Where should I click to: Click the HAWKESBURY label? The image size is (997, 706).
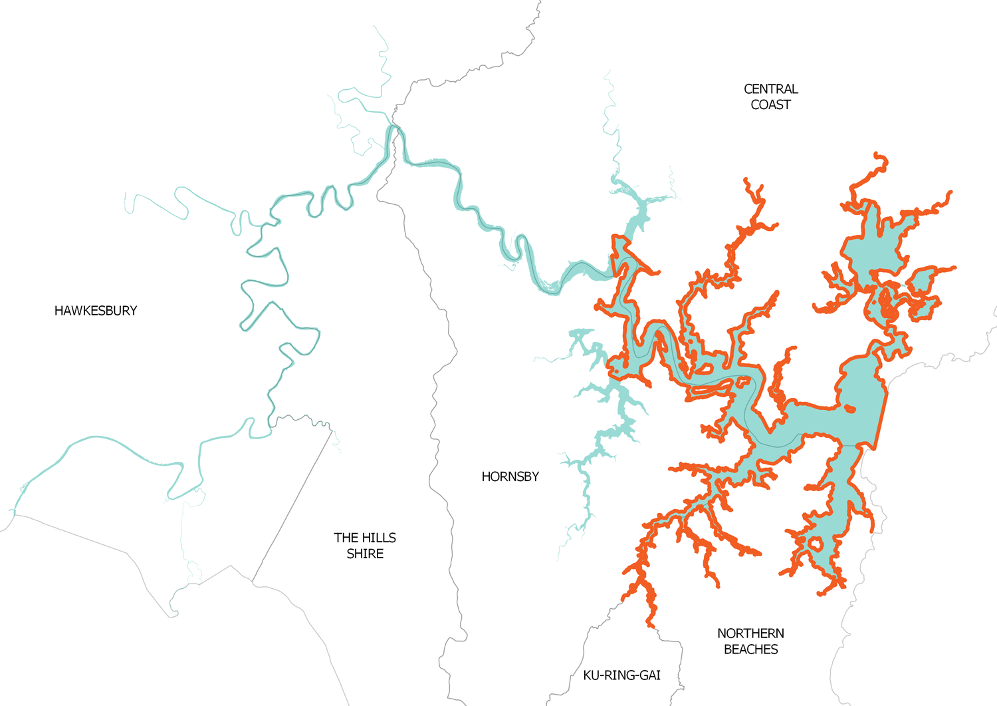(96, 311)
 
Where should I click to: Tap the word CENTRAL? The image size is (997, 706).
(770, 89)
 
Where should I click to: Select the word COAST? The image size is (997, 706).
(770, 105)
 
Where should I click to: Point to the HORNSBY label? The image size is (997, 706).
(510, 476)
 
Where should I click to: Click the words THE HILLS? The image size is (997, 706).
(365, 538)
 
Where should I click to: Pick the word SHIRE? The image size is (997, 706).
(365, 554)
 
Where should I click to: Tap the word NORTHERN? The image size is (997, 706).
(750, 633)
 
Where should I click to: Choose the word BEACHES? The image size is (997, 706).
(750, 649)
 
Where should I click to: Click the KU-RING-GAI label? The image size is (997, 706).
(621, 675)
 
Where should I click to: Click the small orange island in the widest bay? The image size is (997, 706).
(849, 409)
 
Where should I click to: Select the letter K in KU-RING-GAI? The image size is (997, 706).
(587, 675)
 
